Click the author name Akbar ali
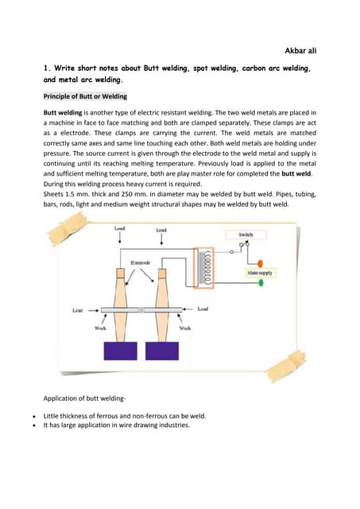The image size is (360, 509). click(300, 51)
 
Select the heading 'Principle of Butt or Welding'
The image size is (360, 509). click(85, 96)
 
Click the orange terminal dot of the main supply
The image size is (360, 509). click(260, 263)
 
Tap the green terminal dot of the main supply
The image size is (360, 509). click(261, 283)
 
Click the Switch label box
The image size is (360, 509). click(246, 235)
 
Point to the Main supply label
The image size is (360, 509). click(260, 273)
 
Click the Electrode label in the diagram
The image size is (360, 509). click(141, 262)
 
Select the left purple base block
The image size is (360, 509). click(120, 351)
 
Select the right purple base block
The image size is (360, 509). click(162, 351)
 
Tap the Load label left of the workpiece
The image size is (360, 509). click(78, 310)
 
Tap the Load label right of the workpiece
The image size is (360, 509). click(203, 309)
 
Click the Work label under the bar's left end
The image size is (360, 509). click(100, 328)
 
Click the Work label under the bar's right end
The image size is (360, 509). click(185, 328)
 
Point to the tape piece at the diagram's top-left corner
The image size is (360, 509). click(68, 227)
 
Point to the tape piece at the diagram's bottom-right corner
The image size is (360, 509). click(286, 366)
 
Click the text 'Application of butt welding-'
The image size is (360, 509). click(84, 398)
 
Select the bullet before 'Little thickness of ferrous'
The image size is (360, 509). click(34, 416)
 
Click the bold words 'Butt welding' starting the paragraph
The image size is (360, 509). click(63, 113)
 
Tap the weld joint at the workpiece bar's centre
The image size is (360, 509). click(141, 310)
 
